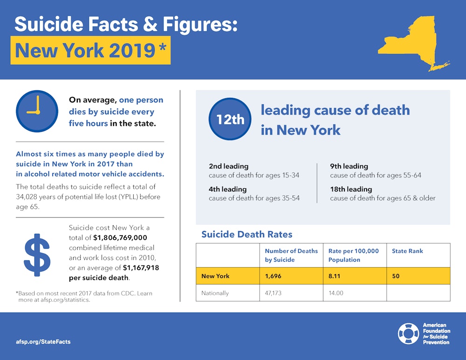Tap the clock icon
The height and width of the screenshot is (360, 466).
tap(37, 111)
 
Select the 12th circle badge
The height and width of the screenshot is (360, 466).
tap(230, 119)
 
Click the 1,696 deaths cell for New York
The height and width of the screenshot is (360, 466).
tap(273, 276)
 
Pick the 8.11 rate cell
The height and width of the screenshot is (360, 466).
tap(335, 276)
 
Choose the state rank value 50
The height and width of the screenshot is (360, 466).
tap(396, 276)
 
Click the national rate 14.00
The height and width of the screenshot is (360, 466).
tap(336, 293)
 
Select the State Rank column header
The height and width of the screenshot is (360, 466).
tap(407, 251)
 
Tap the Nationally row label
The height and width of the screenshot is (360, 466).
tap(215, 293)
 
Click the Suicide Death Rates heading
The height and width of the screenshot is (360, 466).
tap(247, 234)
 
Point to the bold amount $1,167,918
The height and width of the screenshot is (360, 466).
tap(141, 268)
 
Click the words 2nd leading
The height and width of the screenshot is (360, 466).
tap(228, 166)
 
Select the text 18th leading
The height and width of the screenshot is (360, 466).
tap(351, 189)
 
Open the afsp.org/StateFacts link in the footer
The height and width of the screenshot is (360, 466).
tap(43, 341)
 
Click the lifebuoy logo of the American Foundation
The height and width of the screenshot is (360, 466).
tap(408, 333)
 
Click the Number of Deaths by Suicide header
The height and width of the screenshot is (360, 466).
tap(291, 255)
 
